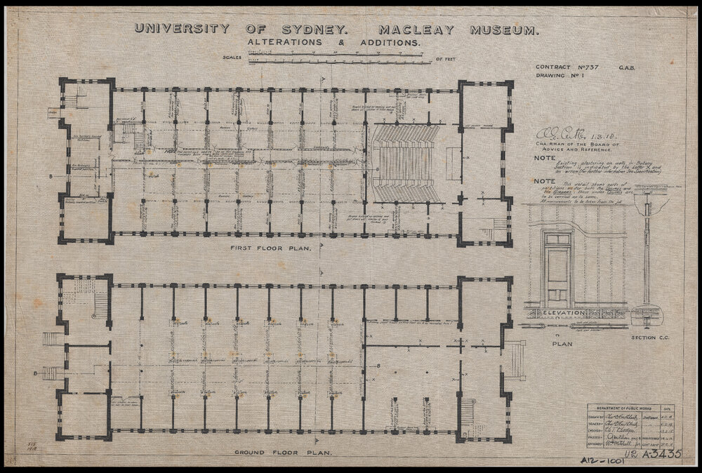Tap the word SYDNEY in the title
click(314, 29)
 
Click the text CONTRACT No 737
click(565, 65)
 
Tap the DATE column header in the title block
click(668, 408)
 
